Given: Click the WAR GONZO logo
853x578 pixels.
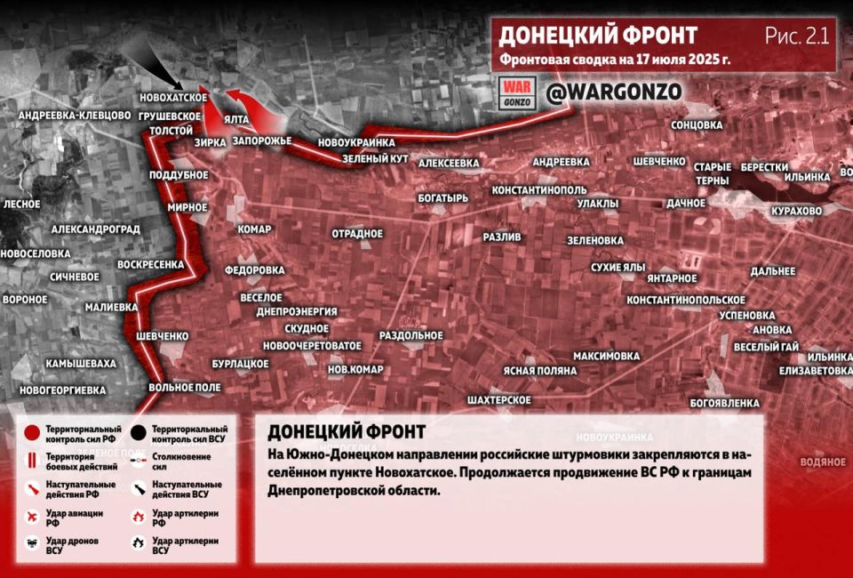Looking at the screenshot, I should (x=517, y=92).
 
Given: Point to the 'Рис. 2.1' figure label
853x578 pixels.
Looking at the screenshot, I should (x=796, y=36).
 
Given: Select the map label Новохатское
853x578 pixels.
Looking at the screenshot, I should (x=174, y=98).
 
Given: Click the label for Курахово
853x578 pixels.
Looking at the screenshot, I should (x=796, y=211).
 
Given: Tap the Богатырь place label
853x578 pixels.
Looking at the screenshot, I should (x=442, y=198).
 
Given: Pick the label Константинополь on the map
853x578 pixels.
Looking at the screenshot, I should (x=539, y=190).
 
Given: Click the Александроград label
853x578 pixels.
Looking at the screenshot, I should (x=96, y=229).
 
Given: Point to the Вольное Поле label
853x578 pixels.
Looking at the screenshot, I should (x=185, y=388).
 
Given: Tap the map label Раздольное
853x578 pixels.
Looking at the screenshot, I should (x=411, y=335).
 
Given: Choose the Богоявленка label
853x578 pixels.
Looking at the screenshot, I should (x=721, y=403).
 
